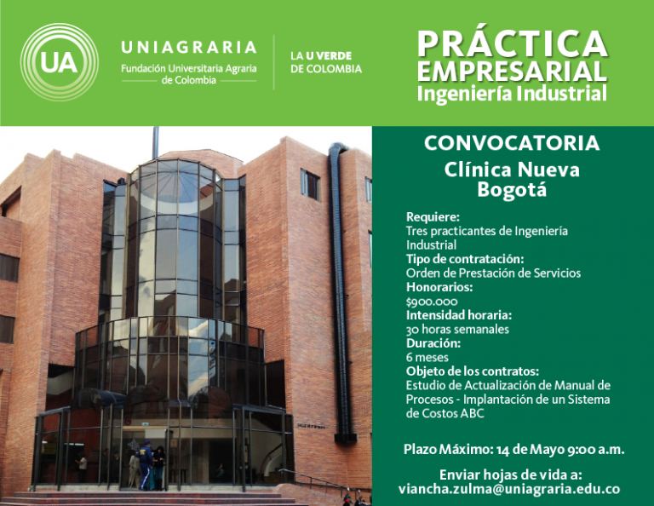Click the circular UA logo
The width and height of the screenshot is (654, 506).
[x=60, y=62]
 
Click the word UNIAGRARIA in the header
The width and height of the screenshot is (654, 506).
[x=188, y=47]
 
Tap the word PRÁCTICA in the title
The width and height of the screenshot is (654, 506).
[x=512, y=43]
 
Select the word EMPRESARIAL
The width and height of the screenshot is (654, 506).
[x=512, y=71]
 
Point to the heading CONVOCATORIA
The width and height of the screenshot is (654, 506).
[x=512, y=143]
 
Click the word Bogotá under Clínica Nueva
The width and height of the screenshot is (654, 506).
[x=512, y=189]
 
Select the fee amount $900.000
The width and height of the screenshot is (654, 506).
[x=432, y=302]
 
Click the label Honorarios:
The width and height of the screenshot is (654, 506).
[x=439, y=287]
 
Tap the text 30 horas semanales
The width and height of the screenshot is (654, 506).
[x=457, y=330]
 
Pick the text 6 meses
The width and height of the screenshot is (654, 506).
[x=427, y=358]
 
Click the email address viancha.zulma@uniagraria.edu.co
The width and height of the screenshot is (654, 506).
[x=509, y=489]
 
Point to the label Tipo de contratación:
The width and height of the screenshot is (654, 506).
[x=465, y=259]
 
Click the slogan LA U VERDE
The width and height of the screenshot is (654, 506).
[x=321, y=56]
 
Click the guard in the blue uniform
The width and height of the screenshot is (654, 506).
[x=145, y=465]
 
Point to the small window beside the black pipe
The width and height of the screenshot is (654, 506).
[x=310, y=184]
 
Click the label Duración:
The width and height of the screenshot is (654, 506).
[x=433, y=343]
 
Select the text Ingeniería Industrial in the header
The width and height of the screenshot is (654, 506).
[x=512, y=94]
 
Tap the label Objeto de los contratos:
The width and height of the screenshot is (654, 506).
[x=473, y=371]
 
